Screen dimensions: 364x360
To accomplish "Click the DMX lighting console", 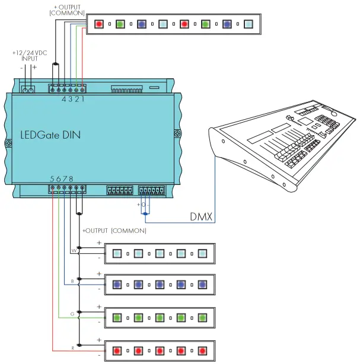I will [285, 148].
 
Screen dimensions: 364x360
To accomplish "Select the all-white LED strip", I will [160, 253].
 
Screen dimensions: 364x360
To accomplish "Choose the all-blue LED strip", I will [160, 284].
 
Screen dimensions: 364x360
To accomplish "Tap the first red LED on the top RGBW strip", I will [98, 24].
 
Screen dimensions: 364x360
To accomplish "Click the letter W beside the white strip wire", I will [73, 251].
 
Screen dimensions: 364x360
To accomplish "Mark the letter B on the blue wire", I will [73, 281].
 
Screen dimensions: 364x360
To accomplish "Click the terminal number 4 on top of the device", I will [64, 98].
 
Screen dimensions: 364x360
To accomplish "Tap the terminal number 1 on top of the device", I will [83, 98].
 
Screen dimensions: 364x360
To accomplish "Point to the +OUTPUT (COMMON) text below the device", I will [114, 230].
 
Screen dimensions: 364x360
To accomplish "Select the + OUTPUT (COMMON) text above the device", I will [68, 9].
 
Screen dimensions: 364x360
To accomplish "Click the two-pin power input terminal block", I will [28, 90].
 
